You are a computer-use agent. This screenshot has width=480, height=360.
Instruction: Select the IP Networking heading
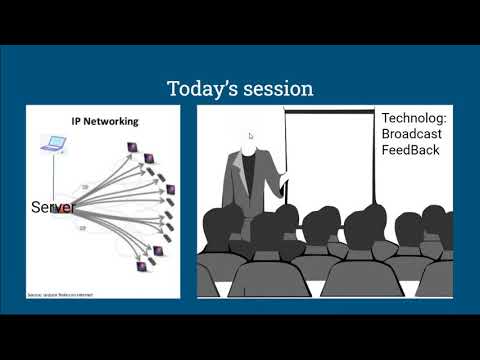(104, 121)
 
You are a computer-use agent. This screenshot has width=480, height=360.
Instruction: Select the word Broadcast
(411, 134)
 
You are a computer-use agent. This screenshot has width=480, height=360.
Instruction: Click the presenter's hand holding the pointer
(283, 180)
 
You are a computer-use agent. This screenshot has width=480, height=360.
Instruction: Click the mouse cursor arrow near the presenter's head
(251, 135)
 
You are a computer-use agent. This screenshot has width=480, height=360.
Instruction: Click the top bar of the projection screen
(330, 110)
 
